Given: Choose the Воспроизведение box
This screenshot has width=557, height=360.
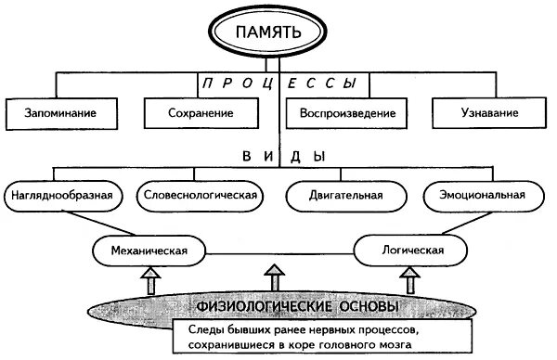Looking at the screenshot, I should coord(348,114).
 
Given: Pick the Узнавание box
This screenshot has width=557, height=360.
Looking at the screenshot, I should coord(488,114).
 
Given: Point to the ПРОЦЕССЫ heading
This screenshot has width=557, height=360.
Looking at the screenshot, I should coord(279,83).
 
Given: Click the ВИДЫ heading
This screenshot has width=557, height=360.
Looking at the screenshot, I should coord(279,158).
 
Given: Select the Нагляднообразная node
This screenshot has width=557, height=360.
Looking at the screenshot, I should coord(64,196).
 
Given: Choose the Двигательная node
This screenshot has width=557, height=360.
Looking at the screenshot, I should coord(347,196).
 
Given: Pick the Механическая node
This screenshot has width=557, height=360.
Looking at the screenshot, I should coord(149,251).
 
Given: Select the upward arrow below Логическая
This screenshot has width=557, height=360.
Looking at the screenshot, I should coord(411,277).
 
